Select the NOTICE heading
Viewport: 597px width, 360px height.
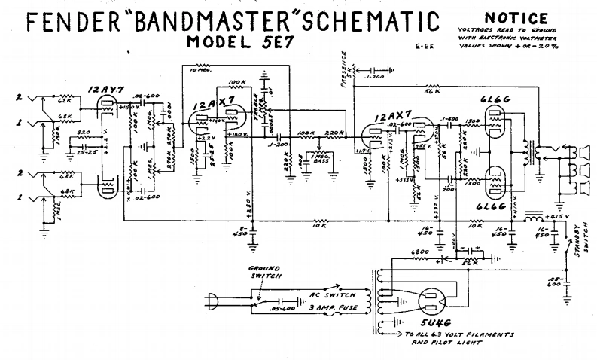pos(516,17)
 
